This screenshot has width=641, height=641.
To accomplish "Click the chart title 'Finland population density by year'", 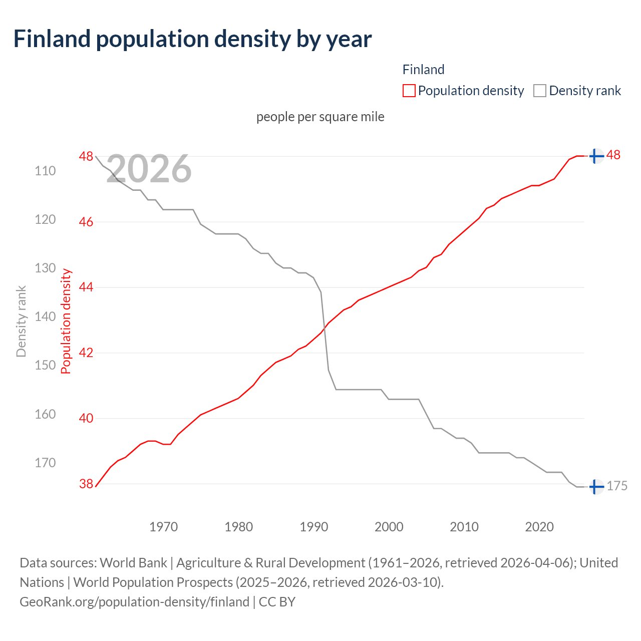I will click(x=192, y=39).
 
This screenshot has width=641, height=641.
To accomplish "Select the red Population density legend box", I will click(x=409, y=91).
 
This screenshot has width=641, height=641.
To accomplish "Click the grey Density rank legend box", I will click(x=539, y=91).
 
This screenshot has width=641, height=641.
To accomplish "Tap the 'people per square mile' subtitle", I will click(x=320, y=117).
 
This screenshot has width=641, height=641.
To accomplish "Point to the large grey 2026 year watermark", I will click(x=149, y=169).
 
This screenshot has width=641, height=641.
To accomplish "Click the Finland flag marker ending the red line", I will click(x=595, y=156).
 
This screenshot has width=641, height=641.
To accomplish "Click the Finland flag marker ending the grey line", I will click(x=595, y=486).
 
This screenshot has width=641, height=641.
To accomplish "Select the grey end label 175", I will click(x=617, y=486).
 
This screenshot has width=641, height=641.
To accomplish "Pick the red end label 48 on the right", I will click(x=613, y=155).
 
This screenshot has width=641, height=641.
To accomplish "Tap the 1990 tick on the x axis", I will click(x=314, y=527).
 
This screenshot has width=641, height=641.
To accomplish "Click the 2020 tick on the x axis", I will click(x=539, y=527).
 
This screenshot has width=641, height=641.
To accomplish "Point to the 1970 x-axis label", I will click(x=164, y=527).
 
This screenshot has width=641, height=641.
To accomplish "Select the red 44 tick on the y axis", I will click(x=86, y=287).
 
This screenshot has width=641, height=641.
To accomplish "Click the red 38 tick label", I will click(x=86, y=484).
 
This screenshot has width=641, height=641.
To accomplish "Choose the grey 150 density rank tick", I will click(x=45, y=365).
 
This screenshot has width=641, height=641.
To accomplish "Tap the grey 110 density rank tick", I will click(x=45, y=171).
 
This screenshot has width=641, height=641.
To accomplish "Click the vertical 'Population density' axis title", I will click(x=66, y=322).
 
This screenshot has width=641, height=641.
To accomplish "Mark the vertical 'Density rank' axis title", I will click(x=21, y=322).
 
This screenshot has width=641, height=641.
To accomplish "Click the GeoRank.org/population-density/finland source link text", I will click(x=134, y=601).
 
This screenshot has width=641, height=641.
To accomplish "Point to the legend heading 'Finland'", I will click(x=423, y=70).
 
